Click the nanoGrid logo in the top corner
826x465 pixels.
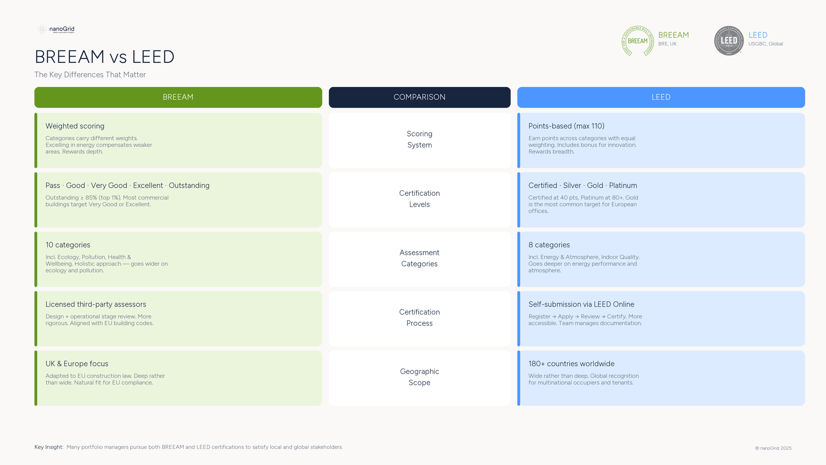click(56, 29)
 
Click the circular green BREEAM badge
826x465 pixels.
click(638, 41)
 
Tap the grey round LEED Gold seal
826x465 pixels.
click(729, 41)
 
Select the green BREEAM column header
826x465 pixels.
click(178, 97)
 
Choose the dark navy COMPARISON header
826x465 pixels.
click(419, 97)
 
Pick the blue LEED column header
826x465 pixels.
click(661, 97)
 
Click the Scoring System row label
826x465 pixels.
click(419, 139)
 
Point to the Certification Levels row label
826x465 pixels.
click(419, 199)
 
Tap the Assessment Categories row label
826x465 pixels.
click(419, 258)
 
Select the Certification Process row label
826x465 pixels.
click(419, 318)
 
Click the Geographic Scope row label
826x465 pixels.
click(419, 377)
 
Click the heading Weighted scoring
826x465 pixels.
click(75, 126)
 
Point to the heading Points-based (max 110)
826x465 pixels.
click(566, 126)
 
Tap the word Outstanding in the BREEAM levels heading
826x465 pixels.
click(189, 186)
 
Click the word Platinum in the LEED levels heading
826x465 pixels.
click(623, 186)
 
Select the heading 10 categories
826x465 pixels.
click(68, 245)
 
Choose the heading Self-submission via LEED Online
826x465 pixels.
click(581, 304)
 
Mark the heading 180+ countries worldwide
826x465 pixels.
click(571, 364)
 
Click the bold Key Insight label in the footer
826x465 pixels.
click(49, 447)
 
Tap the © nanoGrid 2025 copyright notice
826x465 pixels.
click(773, 448)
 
